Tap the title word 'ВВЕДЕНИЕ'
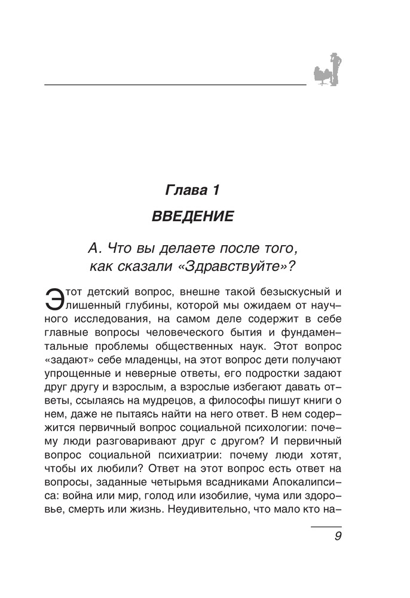coord(193,216)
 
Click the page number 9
coord(338,536)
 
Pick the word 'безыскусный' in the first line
coord(283,293)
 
